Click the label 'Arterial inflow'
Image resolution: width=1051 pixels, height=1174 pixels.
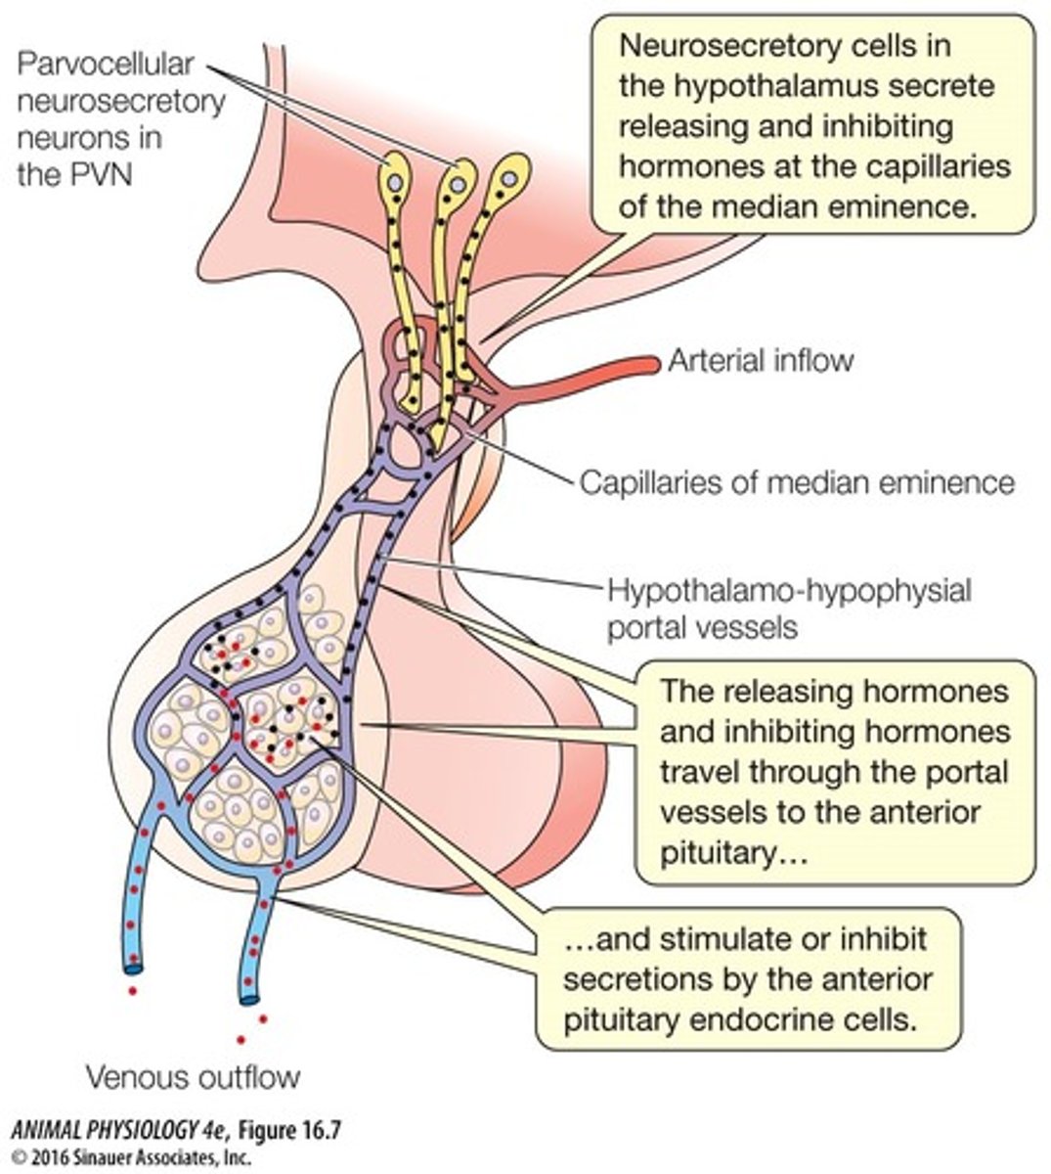[760, 361]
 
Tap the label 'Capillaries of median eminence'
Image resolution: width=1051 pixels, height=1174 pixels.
[797, 482]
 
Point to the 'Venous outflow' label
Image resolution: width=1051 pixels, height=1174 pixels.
[193, 1078]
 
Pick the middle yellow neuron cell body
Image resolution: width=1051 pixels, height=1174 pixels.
[457, 182]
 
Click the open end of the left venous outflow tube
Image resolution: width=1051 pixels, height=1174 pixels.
[132, 969]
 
